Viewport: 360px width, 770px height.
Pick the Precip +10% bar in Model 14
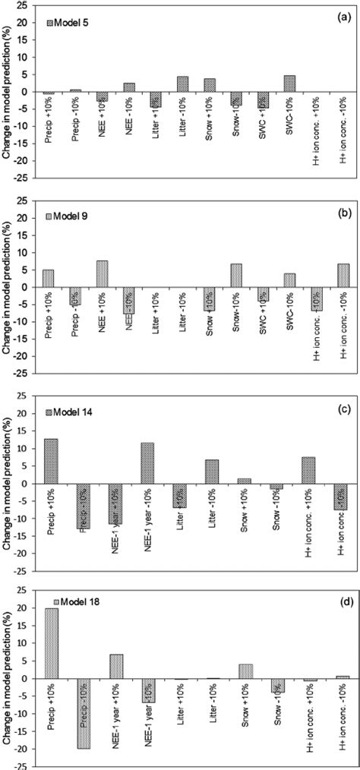50,461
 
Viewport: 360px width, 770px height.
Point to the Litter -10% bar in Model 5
182,84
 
